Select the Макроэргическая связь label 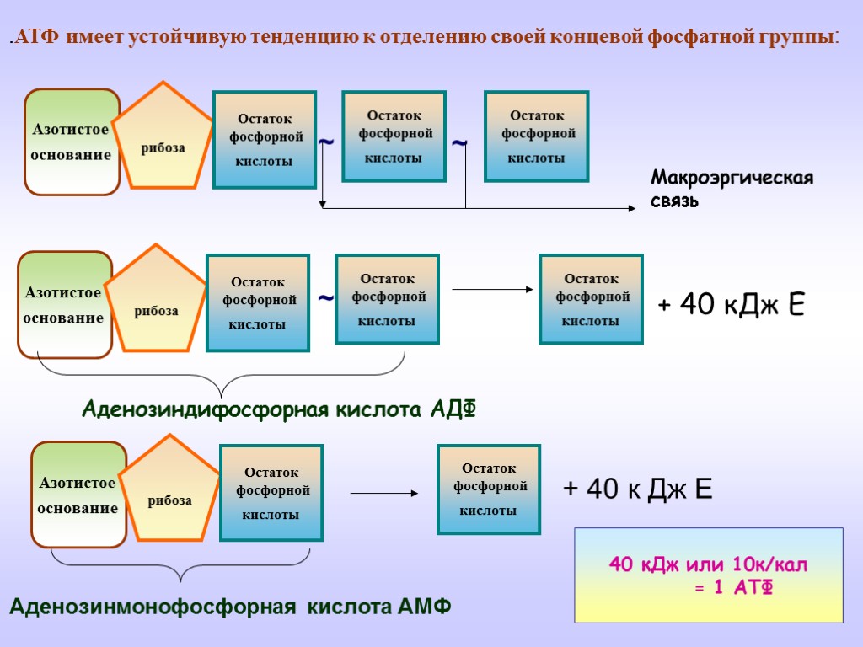pos(732,190)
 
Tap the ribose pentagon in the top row pos(163,140)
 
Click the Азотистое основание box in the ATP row pos(72,142)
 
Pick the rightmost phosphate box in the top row pos(537,136)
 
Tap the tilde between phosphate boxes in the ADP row pos(325,298)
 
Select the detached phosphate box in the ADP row pos(591,299)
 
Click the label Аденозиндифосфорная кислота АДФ pos(279,410)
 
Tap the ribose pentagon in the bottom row pos(169,493)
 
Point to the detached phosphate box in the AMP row pos(488,489)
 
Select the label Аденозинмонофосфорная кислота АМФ pos(231,607)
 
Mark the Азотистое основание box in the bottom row pos(78,495)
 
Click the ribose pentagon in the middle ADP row pos(157,302)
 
